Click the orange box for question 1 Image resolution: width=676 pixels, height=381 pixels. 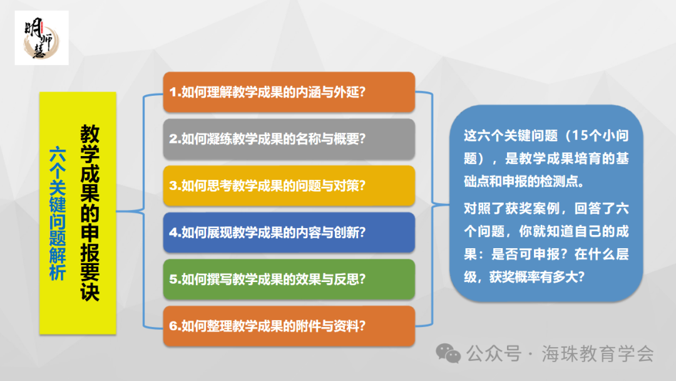point(289,92)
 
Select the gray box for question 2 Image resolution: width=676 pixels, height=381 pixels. point(289,138)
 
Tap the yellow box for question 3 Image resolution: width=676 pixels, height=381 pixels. point(289,185)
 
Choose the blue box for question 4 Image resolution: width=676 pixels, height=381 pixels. point(289,232)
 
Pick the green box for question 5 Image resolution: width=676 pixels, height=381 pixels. point(289,279)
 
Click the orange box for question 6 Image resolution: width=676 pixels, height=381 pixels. point(289,325)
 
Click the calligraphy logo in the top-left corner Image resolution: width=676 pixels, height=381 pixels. point(41,38)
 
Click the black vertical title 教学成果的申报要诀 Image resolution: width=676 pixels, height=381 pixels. point(90,213)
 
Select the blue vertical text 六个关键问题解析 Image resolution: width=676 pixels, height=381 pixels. point(58,213)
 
